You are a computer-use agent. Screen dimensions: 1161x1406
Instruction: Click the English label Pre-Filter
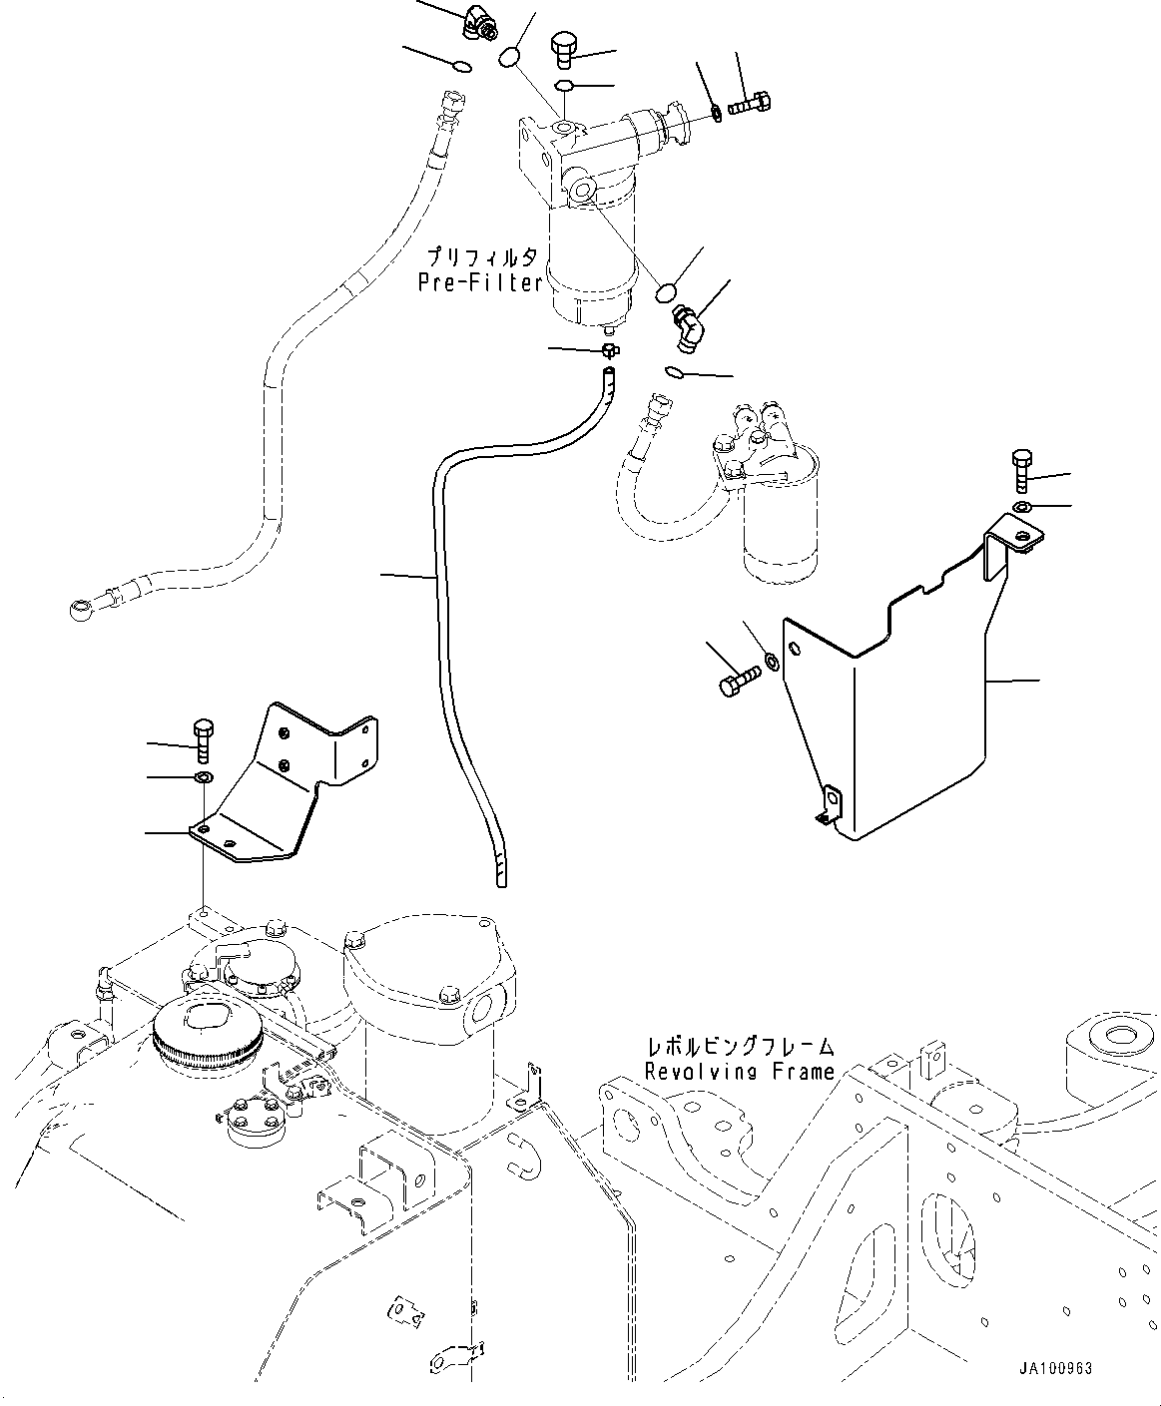tap(480, 282)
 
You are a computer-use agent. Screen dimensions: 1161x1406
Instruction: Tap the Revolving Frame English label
tap(740, 1072)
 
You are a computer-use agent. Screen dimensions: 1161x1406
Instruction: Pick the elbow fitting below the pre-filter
tap(689, 328)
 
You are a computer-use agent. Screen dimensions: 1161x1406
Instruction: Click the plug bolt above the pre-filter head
tap(563, 49)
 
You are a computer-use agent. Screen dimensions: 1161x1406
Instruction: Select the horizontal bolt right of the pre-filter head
tap(750, 105)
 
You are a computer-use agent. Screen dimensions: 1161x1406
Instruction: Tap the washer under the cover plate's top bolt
tap(1022, 506)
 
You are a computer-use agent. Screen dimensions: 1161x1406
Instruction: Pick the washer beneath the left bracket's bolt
tap(203, 777)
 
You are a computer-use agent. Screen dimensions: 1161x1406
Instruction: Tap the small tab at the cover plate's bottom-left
tap(831, 806)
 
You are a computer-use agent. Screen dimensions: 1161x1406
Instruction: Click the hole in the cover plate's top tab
tap(1023, 536)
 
